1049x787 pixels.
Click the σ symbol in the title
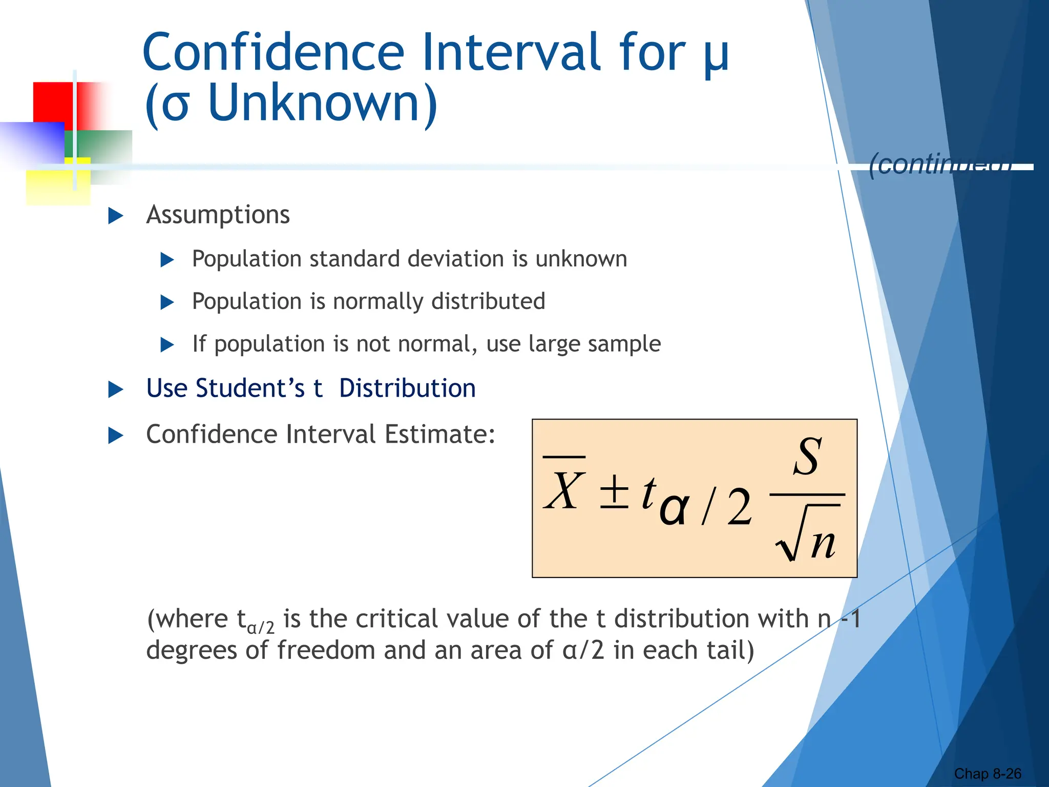175,105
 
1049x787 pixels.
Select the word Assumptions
218,215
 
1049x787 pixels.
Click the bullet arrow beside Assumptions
116,216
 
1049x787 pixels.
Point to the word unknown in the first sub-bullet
581,259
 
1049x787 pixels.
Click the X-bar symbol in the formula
564,487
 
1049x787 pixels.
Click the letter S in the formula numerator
808,456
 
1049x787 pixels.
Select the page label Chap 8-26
987,774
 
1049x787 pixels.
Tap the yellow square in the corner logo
51,187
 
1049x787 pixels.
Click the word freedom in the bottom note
326,650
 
